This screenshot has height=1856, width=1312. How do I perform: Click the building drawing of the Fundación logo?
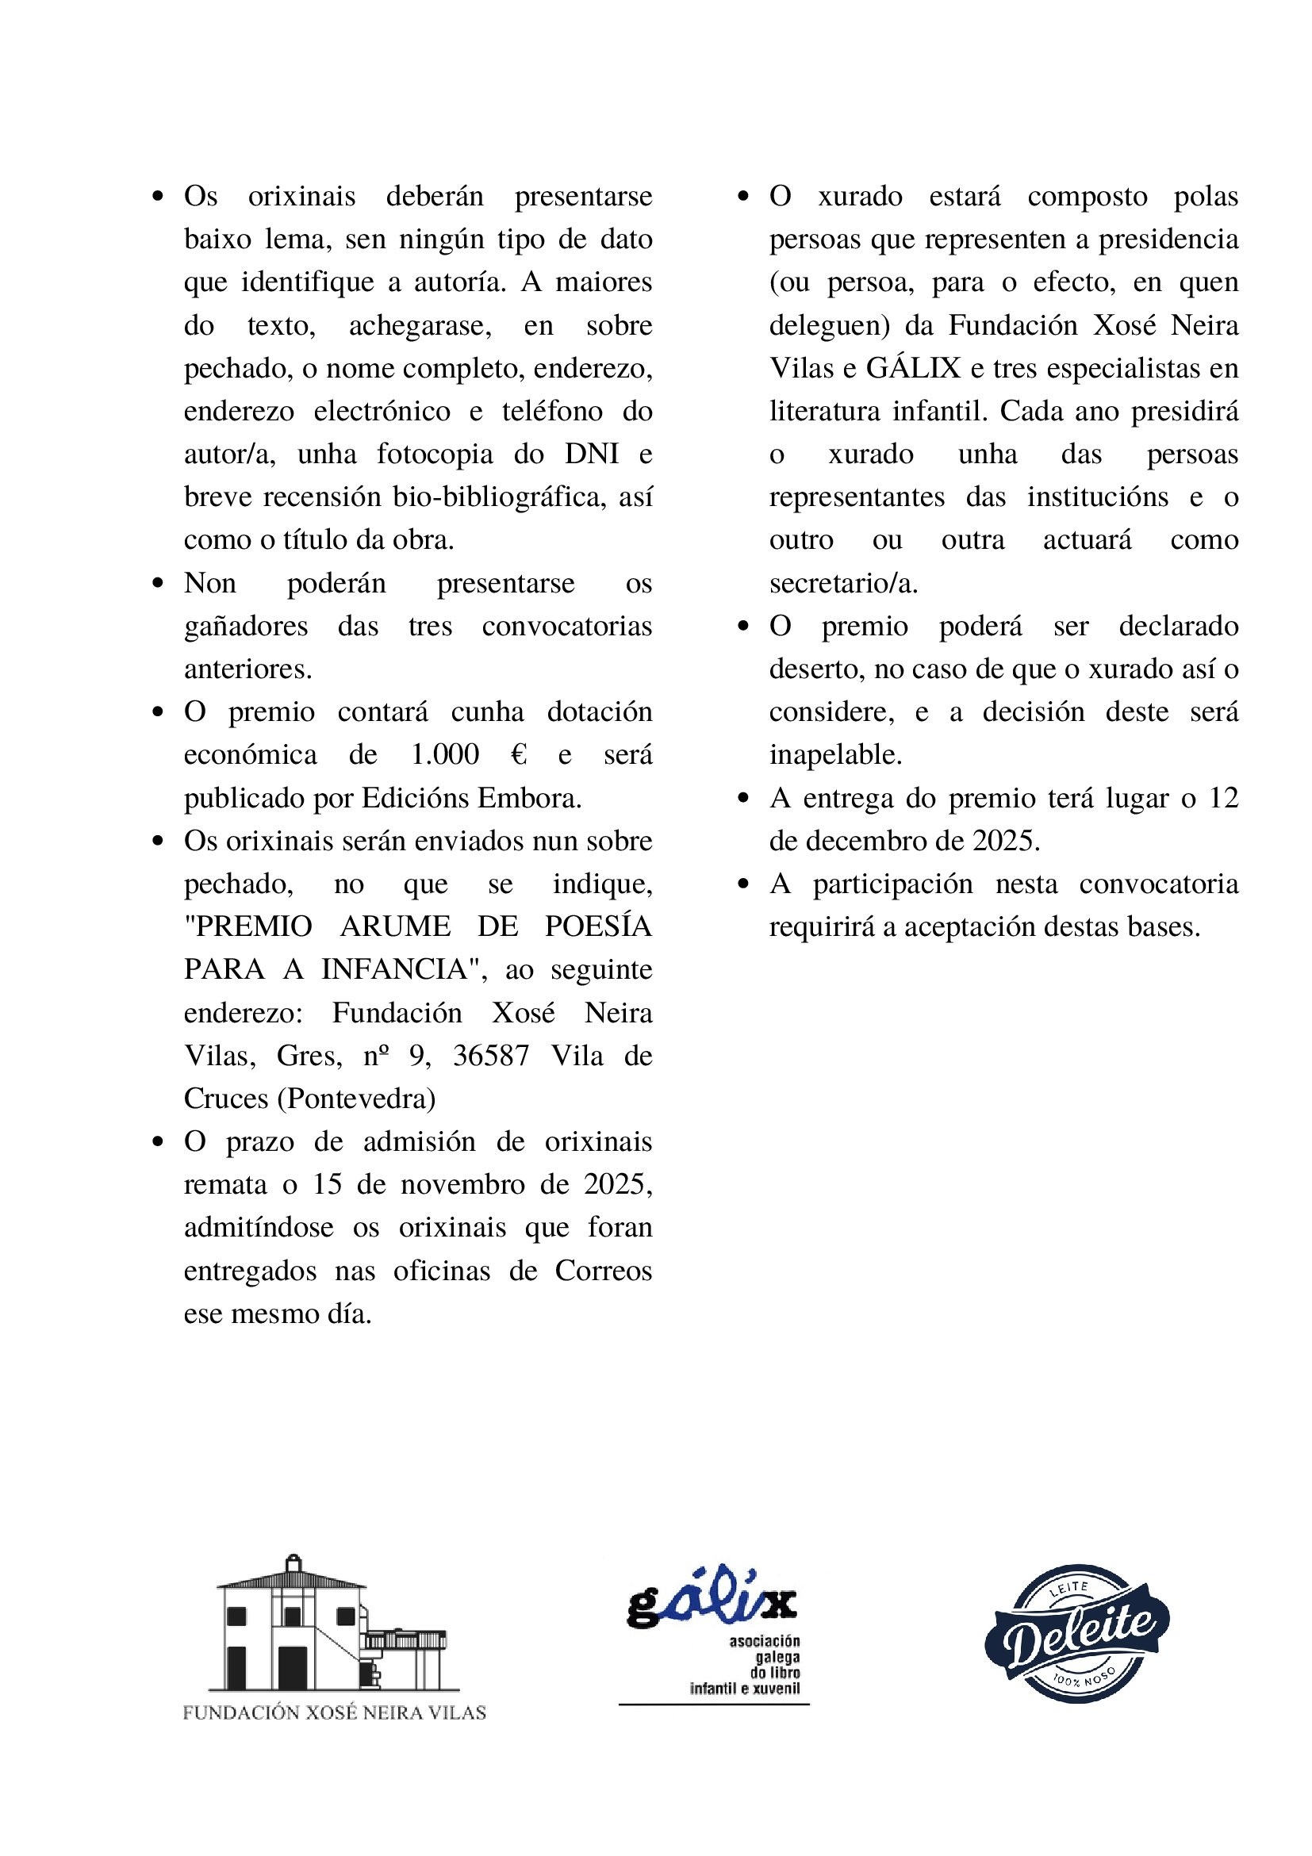coord(332,1627)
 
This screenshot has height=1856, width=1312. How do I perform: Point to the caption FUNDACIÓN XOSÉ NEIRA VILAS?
coord(334,1713)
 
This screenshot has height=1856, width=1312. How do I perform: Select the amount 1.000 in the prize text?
coord(445,755)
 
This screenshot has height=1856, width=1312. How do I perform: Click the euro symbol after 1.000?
coord(519,755)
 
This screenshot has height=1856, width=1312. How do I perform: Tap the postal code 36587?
coord(491,1056)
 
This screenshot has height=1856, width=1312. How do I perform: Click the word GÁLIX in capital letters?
coord(914,369)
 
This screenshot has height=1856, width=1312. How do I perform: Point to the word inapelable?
coord(835,755)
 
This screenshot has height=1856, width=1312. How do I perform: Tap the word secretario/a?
coord(843,584)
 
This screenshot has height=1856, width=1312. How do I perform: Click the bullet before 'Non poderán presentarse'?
coord(158,583)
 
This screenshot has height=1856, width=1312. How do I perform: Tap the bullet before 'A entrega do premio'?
coord(744,799)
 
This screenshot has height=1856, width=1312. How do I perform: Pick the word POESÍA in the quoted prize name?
coord(598,926)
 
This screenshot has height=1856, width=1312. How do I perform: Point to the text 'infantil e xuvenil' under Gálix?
coord(745,1689)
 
